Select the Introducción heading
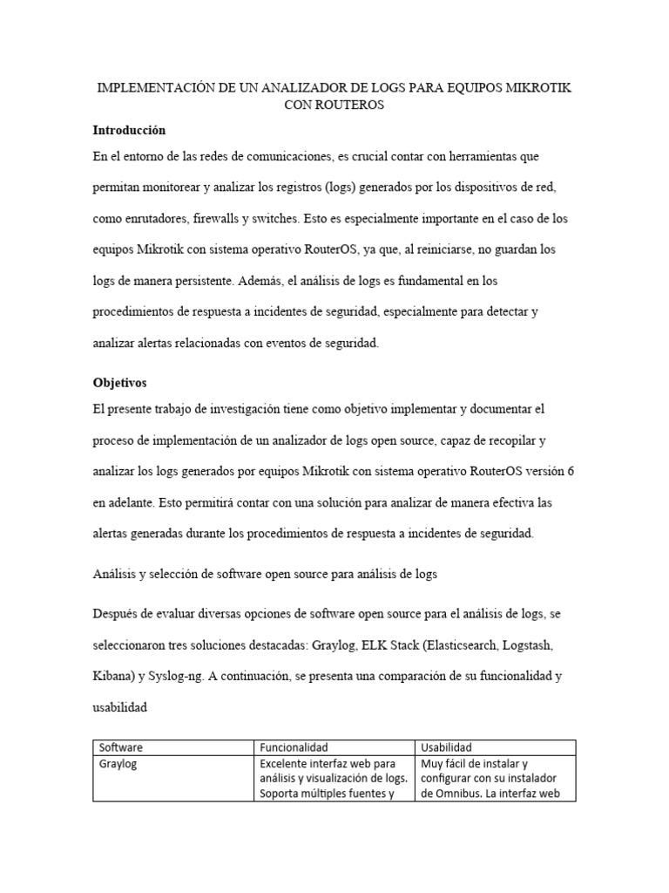129,130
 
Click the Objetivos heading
120,382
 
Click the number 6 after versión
571,471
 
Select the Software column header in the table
121,747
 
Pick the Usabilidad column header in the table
446,747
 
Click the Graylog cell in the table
119,764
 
